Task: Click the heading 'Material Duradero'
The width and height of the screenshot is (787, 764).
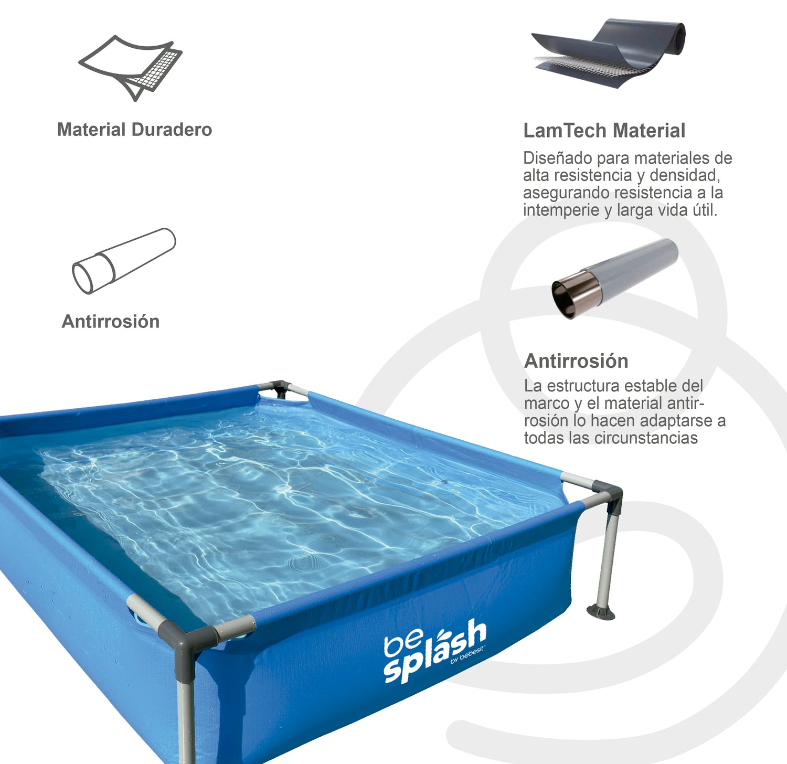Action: [x=134, y=130]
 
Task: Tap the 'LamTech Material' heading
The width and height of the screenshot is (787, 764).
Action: [x=604, y=131]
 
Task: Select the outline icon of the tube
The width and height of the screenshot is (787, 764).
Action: [x=124, y=260]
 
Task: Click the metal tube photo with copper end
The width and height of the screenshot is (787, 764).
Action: [x=614, y=278]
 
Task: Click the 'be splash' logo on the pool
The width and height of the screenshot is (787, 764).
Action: [x=434, y=651]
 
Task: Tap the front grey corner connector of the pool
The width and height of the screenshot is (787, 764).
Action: [x=184, y=638]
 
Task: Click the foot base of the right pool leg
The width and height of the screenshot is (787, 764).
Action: [x=601, y=612]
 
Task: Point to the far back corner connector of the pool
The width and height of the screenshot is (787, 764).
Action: [x=280, y=388]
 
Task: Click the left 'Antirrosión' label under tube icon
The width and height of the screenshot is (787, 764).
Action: [x=110, y=322]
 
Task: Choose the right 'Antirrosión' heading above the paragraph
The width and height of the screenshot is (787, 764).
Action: [x=576, y=361]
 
